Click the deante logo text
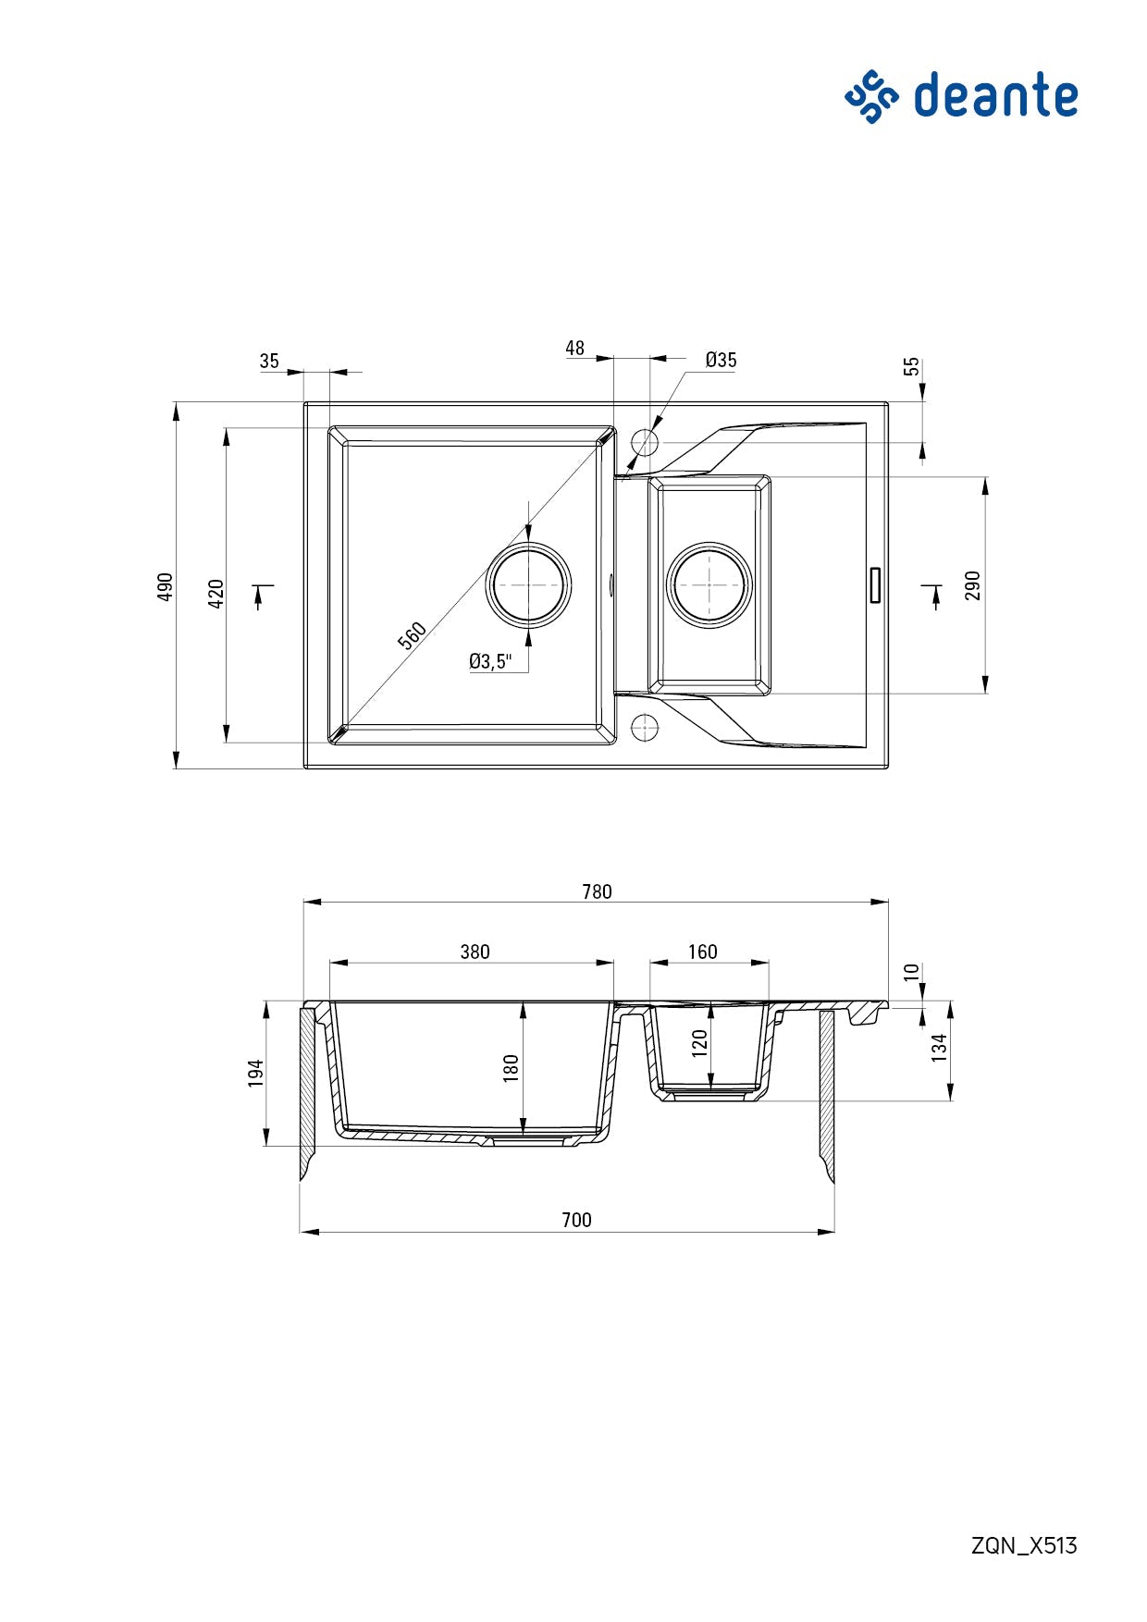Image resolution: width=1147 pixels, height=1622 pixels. [x=995, y=96]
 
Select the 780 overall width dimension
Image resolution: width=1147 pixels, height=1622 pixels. [x=597, y=891]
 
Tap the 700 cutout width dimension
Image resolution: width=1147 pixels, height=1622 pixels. [x=576, y=1220]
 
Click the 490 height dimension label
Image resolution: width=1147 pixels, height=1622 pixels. [x=166, y=586]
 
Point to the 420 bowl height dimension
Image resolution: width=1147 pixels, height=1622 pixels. [x=216, y=593]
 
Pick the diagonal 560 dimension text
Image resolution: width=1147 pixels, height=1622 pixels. [x=413, y=635]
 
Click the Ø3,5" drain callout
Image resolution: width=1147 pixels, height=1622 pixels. [x=489, y=661]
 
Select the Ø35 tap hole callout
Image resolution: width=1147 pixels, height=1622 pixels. [x=721, y=361]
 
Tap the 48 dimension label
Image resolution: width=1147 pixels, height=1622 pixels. [x=574, y=349]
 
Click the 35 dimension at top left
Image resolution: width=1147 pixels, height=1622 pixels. [x=269, y=362]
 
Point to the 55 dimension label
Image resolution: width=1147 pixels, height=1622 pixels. [x=913, y=366]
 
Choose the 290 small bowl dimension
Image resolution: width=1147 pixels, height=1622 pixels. [x=972, y=585]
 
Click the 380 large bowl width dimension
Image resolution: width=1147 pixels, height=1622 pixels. [x=475, y=952]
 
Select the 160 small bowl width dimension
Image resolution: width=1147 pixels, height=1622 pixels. [x=702, y=952]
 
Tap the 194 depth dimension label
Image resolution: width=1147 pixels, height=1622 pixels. [x=256, y=1073]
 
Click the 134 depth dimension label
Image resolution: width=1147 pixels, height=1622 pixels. [x=940, y=1048]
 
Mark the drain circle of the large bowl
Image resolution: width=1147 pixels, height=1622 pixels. [x=528, y=585]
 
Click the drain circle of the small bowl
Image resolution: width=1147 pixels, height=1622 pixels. [x=709, y=585]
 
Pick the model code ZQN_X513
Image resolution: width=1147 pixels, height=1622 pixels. [x=1024, y=1545]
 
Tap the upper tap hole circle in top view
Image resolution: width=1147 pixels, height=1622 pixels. [x=644, y=441]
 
